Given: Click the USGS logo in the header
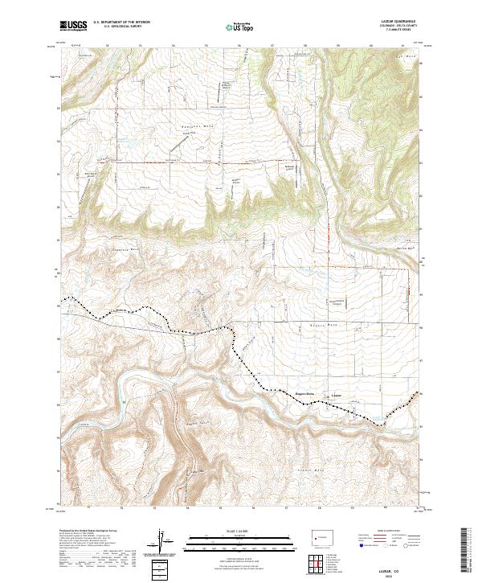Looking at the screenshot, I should pyautogui.click(x=73, y=25).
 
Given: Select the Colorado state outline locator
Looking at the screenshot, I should pyautogui.click(x=321, y=534).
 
